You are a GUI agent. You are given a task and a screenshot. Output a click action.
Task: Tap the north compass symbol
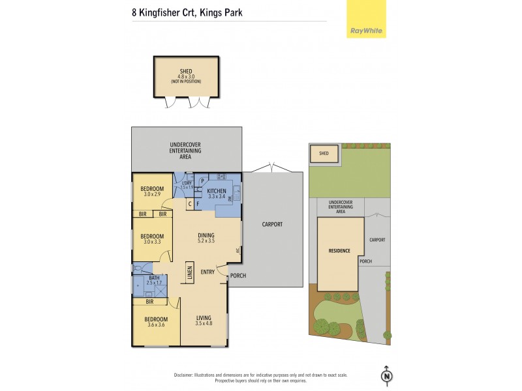387,377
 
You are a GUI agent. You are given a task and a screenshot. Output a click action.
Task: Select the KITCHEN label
217,191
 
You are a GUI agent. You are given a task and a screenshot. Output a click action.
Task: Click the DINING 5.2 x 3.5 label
206,238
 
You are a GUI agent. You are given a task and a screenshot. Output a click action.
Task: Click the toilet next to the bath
138,268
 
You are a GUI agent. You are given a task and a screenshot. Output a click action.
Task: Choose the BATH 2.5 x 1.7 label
153,280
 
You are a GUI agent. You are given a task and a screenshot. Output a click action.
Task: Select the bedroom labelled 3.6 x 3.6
157,322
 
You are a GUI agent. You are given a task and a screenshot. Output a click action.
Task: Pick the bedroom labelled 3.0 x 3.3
154,239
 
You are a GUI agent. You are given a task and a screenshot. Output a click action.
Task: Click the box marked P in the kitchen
202,181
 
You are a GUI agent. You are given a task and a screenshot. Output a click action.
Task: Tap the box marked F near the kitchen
198,204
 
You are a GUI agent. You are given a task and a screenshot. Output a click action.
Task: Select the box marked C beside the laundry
189,204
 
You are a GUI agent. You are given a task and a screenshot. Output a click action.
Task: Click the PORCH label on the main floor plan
237,275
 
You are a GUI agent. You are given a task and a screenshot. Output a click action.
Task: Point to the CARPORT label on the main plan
273,224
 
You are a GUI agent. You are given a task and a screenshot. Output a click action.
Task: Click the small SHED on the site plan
324,154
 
